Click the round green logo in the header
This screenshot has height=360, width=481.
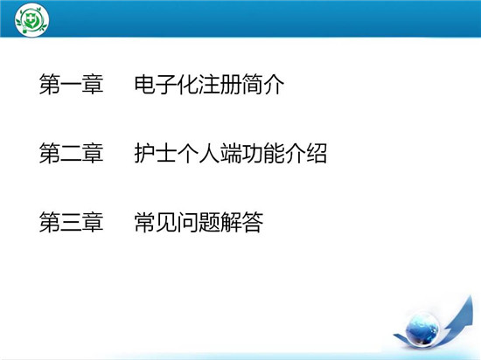click(x=31, y=20)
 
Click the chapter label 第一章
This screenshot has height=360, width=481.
click(x=71, y=84)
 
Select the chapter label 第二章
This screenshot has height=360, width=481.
click(x=71, y=153)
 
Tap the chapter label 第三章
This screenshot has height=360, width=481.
click(x=71, y=222)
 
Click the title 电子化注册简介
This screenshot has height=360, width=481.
click(x=209, y=84)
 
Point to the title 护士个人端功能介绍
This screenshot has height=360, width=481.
click(x=231, y=153)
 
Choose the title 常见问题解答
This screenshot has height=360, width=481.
click(x=199, y=222)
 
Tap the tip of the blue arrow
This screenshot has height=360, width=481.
click(x=471, y=295)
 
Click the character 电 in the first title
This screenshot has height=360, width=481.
click(x=145, y=84)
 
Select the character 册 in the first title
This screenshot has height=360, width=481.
click(x=231, y=84)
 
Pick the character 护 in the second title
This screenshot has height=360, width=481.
click(x=145, y=153)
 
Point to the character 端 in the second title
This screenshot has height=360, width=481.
click(x=231, y=153)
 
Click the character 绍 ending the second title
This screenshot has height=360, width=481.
click(x=317, y=153)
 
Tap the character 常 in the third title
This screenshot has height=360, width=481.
click(x=145, y=222)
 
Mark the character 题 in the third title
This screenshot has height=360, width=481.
click(x=209, y=222)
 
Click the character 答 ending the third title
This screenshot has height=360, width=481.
click(x=253, y=222)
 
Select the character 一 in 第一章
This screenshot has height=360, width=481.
click(x=71, y=85)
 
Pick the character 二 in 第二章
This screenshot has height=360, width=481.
click(x=71, y=154)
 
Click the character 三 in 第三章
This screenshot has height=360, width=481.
click(x=71, y=222)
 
